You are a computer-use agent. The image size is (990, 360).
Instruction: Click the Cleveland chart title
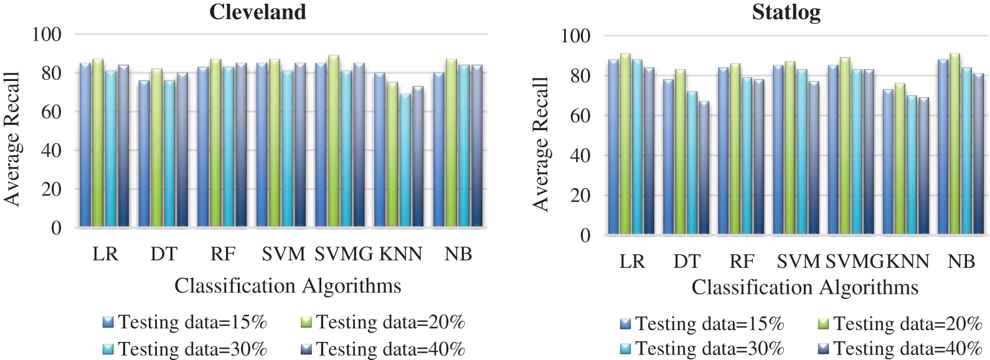coord(257,12)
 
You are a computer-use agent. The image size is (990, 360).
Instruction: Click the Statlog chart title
coord(786,12)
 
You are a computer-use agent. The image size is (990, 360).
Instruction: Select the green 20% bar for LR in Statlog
coord(625,144)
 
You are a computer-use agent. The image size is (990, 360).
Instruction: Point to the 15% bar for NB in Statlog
coord(943,147)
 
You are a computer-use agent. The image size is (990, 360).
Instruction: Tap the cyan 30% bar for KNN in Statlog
coord(912,165)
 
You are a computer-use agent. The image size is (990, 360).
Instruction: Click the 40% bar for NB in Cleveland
coord(476,146)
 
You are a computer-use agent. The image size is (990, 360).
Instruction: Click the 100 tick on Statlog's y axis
coord(575,36)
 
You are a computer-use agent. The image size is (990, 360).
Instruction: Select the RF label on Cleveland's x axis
coord(223,254)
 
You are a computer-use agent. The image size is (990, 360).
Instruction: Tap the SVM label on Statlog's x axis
coord(798,262)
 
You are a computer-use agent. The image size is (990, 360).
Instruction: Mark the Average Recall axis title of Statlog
coord(540,143)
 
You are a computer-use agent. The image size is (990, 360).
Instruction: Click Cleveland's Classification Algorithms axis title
coord(288,286)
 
